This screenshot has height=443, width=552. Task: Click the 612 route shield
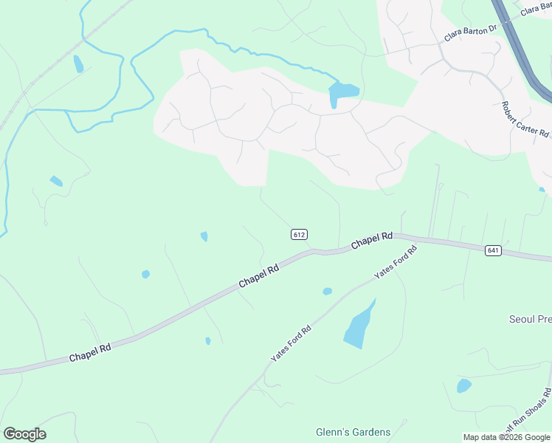pyautogui.click(x=298, y=235)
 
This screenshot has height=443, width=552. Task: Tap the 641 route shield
pyautogui.click(x=494, y=251)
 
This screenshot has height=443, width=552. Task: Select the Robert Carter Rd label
pyautogui.click(x=525, y=120)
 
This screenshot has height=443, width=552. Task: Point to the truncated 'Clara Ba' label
pyautogui.click(x=536, y=9)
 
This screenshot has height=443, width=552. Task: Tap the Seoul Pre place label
pyautogui.click(x=531, y=320)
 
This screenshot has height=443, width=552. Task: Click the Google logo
pyautogui.click(x=24, y=434)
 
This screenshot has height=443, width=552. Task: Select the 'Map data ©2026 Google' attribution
pyautogui.click(x=507, y=437)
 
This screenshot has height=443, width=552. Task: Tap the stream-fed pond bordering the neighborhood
pyautogui.click(x=342, y=92)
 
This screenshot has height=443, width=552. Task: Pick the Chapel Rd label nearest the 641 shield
pyautogui.click(x=371, y=241)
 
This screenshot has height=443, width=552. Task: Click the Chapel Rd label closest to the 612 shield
pyautogui.click(x=258, y=277)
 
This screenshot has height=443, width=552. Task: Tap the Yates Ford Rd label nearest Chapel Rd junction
pyautogui.click(x=396, y=262)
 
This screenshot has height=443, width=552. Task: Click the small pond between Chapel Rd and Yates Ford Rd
pyautogui.click(x=327, y=292)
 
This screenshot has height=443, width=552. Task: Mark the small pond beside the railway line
pyautogui.click(x=78, y=63)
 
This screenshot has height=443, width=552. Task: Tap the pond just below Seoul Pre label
pyautogui.click(x=463, y=385)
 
